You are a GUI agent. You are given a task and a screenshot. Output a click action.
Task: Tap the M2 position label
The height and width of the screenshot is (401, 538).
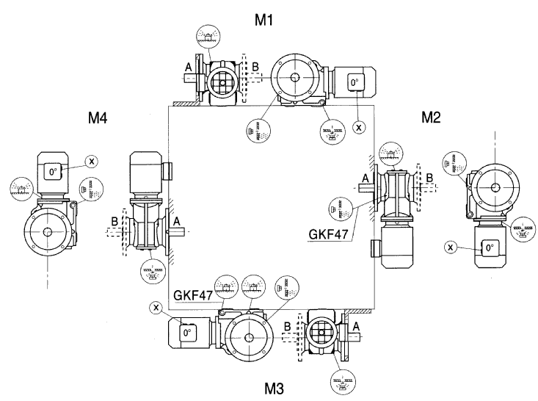click(x=431, y=117)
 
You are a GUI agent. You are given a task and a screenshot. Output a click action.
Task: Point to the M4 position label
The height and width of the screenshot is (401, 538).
click(x=98, y=117)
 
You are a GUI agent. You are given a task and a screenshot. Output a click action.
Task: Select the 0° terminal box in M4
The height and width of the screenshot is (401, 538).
click(x=53, y=173)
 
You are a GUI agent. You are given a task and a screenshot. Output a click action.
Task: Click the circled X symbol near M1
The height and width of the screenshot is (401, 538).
click(x=359, y=127)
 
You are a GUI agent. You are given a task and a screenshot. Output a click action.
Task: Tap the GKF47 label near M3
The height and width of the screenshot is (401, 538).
click(x=192, y=295)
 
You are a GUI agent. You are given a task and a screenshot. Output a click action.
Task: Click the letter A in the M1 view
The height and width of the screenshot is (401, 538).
click(x=189, y=67)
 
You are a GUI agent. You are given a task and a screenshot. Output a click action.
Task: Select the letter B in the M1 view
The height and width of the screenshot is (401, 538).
click(x=255, y=66)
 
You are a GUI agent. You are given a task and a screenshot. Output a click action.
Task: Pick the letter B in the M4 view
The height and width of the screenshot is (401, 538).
click(x=114, y=218)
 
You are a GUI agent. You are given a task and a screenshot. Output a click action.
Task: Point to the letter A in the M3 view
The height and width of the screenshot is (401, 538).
click(x=356, y=325)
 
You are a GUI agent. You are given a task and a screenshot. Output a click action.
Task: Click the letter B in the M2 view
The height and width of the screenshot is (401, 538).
click(x=429, y=176)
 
